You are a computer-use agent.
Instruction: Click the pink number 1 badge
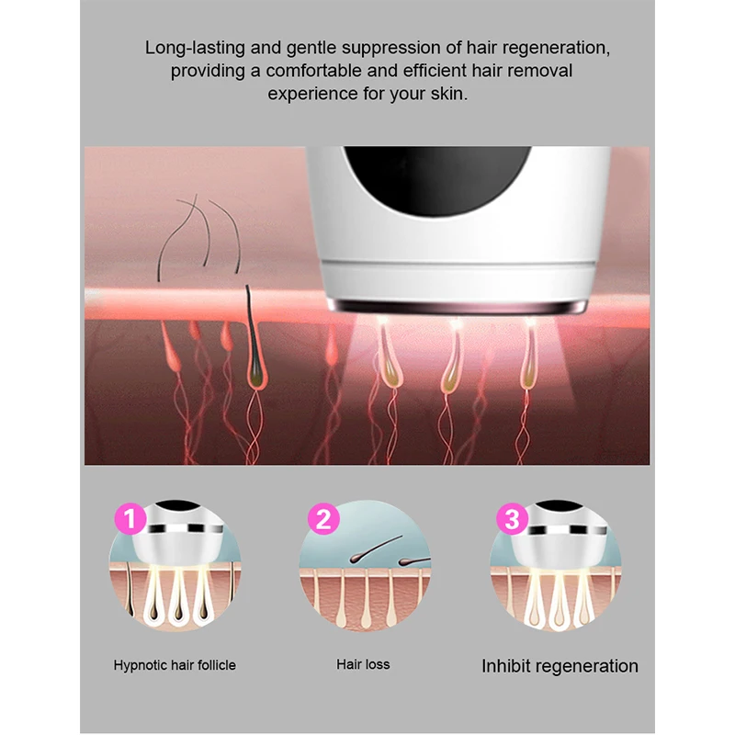point(130,521)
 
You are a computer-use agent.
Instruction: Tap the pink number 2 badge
point(322,521)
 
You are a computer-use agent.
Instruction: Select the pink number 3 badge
point(513,521)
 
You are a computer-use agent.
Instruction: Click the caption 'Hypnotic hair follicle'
point(175,664)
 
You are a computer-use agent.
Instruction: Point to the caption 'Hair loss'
point(363,664)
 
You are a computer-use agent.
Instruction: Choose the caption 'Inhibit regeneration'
point(560,666)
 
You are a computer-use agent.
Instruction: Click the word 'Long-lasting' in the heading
point(190,48)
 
